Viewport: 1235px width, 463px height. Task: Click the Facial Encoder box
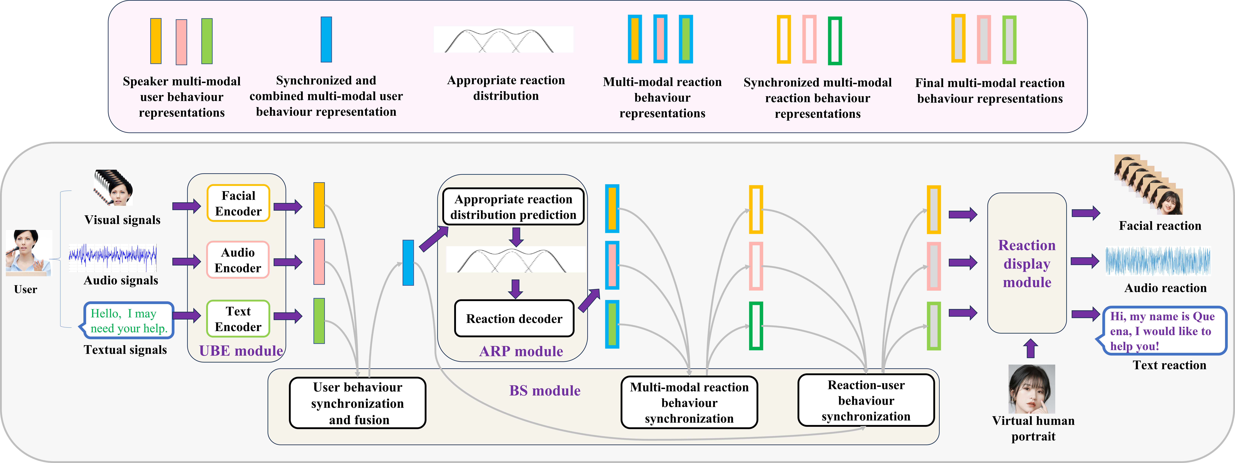tap(238, 203)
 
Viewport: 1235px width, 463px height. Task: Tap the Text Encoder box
tap(238, 319)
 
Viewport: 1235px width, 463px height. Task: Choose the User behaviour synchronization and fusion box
tap(358, 403)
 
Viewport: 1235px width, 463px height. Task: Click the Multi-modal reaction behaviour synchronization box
tap(689, 403)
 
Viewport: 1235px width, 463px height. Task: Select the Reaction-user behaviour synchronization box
tap(866, 401)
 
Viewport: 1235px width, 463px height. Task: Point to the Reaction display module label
tap(1027, 264)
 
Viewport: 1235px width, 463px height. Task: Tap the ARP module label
tap(521, 351)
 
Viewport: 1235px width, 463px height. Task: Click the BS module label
tap(545, 391)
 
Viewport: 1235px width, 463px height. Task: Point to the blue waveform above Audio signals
tap(113, 256)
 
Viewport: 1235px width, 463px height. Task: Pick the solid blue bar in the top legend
tap(326, 39)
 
